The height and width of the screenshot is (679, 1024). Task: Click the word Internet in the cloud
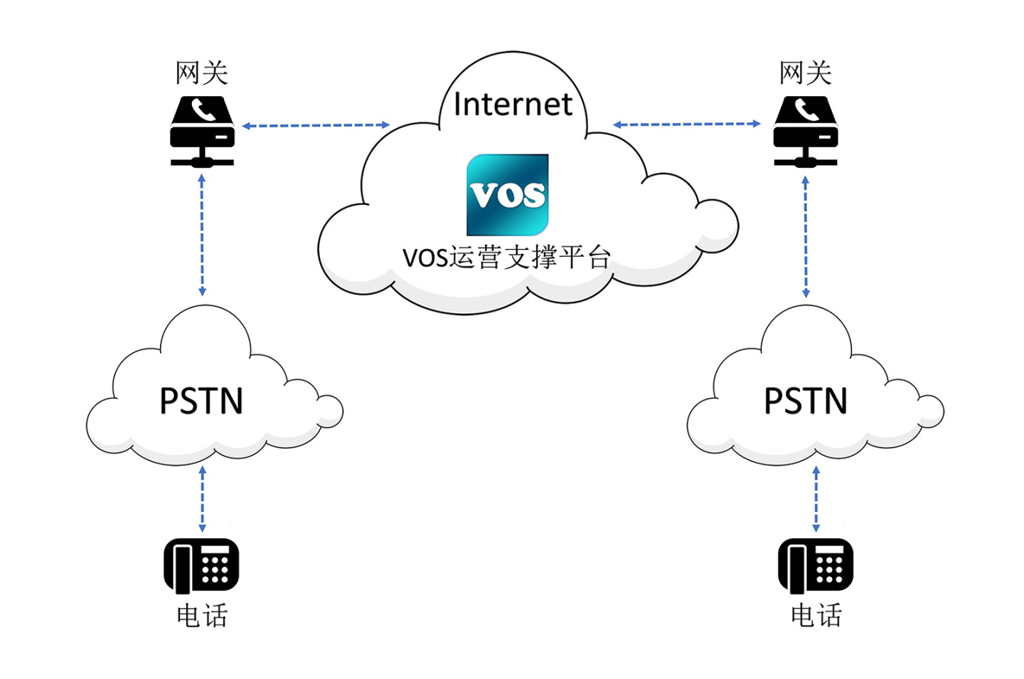[x=512, y=105]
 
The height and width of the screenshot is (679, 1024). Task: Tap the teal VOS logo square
[x=507, y=194]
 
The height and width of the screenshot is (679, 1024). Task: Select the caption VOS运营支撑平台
[x=506, y=257]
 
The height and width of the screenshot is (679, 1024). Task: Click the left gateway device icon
[x=202, y=132]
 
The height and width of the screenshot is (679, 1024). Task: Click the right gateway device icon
[x=805, y=132]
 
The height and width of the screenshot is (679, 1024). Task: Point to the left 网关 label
[x=202, y=73]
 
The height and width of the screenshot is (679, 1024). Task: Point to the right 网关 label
[x=805, y=73]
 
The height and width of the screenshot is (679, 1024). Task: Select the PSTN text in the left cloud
[x=201, y=401]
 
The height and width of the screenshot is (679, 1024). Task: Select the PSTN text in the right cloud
[x=805, y=401]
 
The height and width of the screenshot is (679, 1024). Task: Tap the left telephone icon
[x=201, y=565]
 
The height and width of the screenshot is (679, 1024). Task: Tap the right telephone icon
[x=816, y=565]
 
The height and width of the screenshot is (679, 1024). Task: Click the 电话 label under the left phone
[x=202, y=616]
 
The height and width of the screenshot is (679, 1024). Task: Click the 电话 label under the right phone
[x=816, y=616]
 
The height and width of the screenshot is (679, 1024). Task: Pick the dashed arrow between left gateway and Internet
[x=316, y=125]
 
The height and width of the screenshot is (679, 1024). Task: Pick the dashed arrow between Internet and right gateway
[x=687, y=124]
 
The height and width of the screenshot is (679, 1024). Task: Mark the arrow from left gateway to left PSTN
[x=202, y=235]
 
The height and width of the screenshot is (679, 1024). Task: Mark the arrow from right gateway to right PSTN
[x=805, y=236]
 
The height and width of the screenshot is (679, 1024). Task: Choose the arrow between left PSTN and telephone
[x=202, y=499]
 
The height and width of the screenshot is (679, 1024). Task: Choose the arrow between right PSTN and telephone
[x=816, y=499]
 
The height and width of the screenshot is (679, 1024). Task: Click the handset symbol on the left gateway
[x=203, y=110]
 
